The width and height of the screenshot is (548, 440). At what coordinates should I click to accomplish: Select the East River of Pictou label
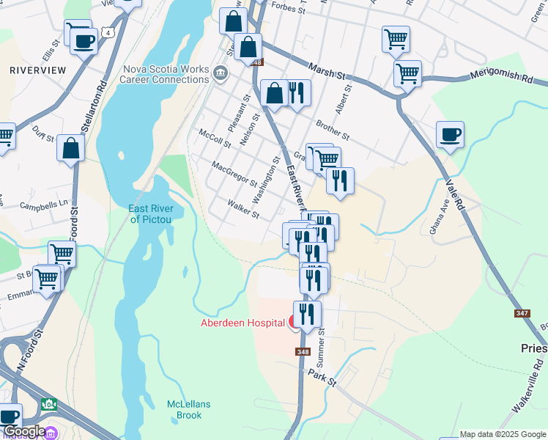coord(150,213)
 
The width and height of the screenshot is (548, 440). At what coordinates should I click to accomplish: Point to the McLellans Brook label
coord(184,409)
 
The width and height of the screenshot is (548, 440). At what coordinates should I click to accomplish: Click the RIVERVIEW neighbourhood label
coord(38,70)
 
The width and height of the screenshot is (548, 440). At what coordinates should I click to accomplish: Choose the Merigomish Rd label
coord(502,75)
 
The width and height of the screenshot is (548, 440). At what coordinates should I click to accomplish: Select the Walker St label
coord(243,210)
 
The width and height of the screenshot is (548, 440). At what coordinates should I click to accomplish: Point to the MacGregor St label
coord(233,174)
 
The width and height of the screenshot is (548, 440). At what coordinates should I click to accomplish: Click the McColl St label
coord(215,137)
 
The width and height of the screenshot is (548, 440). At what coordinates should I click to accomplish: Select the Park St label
coord(321,378)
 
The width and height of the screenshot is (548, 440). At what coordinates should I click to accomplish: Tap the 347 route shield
coord(522,313)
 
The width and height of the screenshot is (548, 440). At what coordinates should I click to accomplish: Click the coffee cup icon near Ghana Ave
coord(450,135)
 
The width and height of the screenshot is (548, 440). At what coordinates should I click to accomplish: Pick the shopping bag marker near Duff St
coord(71,148)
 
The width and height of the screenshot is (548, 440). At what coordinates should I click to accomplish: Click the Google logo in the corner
coord(23,432)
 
